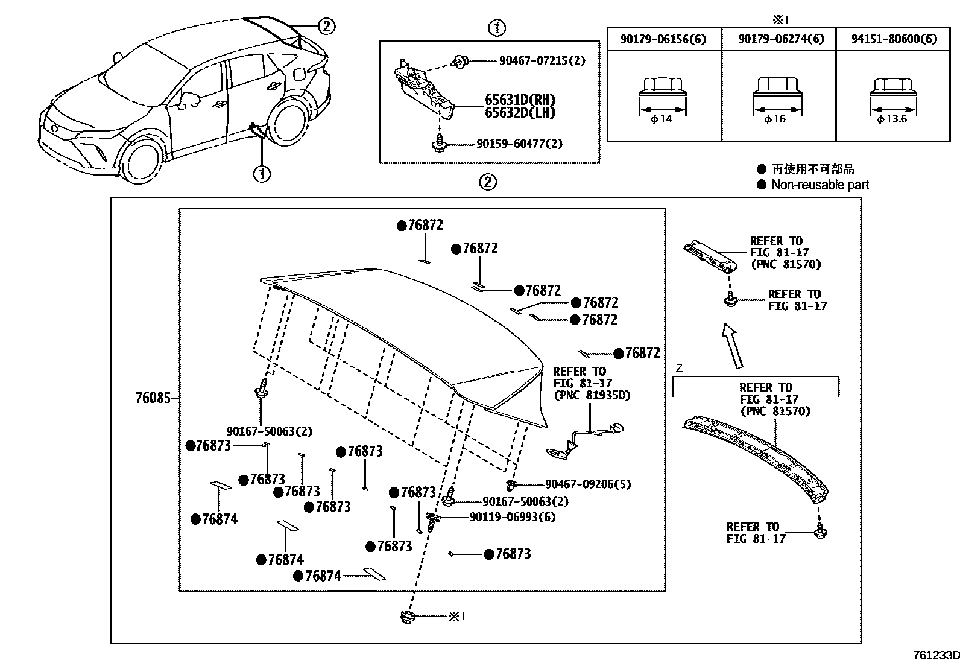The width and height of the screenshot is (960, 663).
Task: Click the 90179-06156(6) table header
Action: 663,39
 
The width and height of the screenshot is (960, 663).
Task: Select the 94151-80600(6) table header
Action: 894,39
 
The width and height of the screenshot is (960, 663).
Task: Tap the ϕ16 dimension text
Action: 775,119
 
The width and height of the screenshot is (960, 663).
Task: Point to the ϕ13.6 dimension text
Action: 892,119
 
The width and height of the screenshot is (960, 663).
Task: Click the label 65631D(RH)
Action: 520,100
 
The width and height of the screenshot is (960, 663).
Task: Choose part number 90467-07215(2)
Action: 542,61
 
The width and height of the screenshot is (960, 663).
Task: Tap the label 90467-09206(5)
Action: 587,484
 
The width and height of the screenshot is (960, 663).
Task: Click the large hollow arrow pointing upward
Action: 733,345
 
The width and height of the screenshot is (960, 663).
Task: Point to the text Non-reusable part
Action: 819,185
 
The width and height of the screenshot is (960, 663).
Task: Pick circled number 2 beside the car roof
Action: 326,26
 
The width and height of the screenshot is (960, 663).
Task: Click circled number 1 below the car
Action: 262,174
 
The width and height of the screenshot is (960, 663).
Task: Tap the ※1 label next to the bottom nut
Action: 456,617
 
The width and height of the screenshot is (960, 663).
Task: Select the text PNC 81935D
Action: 591,395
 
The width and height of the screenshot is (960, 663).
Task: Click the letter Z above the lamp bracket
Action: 679,369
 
